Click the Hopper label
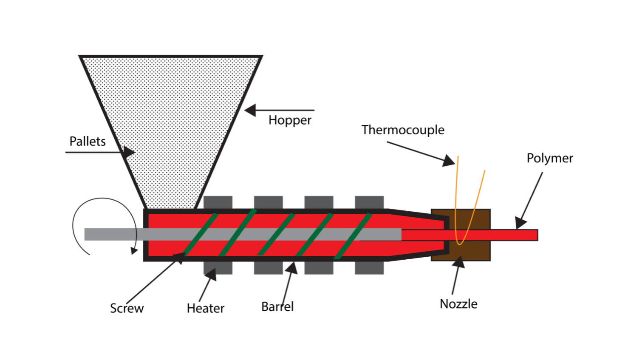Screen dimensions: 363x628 [x=290, y=120]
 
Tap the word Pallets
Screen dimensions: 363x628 [x=88, y=141]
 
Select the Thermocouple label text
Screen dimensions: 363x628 [x=403, y=130]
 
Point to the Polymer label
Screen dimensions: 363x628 [x=550, y=158]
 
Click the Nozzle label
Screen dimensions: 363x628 [x=458, y=304]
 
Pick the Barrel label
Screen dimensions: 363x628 [x=277, y=306]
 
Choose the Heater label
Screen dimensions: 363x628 [x=206, y=308]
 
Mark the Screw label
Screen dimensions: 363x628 [x=127, y=308]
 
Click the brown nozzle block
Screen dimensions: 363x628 [x=476, y=251]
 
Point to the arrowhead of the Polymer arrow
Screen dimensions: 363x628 [x=521, y=223]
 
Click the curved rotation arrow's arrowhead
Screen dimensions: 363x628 [x=134, y=250]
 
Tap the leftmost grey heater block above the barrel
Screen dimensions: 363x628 [x=218, y=202]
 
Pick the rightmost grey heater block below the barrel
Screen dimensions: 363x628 [x=369, y=268]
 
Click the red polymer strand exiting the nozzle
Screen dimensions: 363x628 [x=514, y=235]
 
